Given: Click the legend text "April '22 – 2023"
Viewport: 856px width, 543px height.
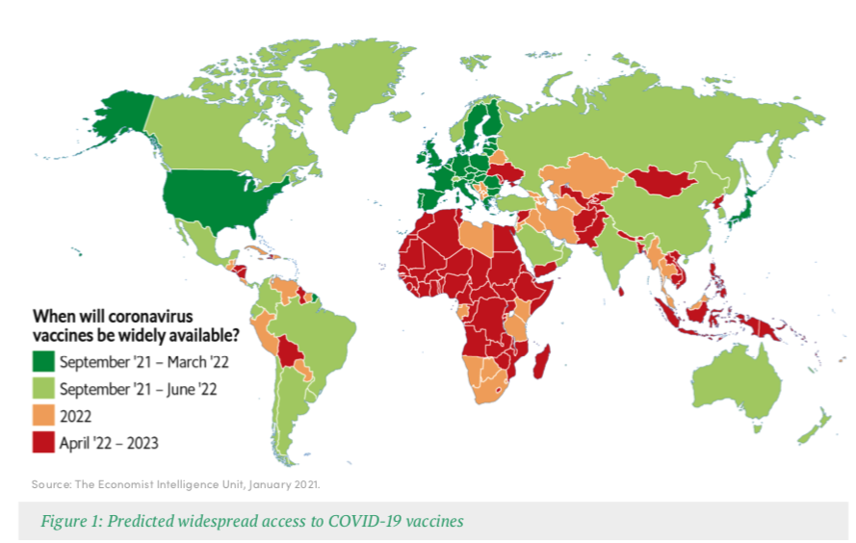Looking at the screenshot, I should [x=109, y=443].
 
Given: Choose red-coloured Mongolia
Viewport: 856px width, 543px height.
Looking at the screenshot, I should [x=663, y=179].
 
